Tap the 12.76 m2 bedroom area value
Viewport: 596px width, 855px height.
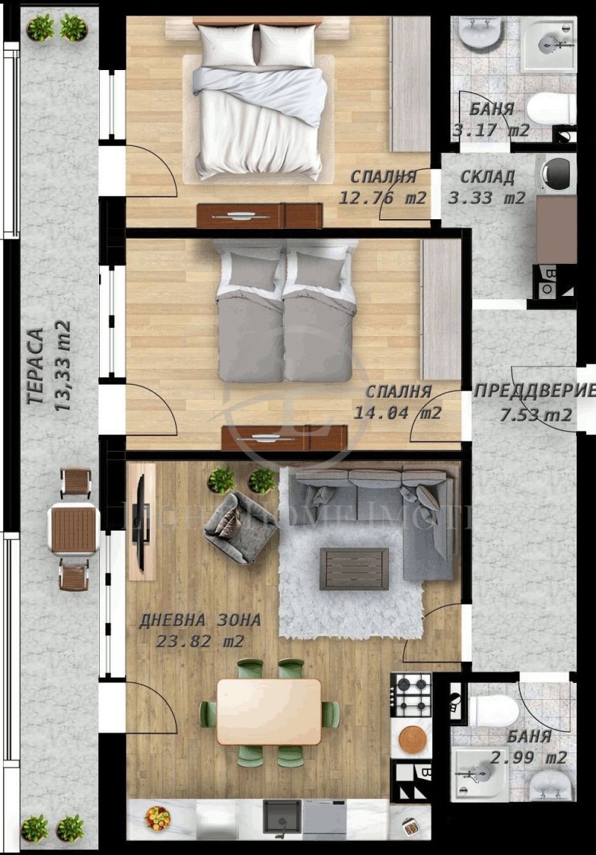coord(382,198)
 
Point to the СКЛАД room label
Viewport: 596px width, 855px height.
coord(487,177)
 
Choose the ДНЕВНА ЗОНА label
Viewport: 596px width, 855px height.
coord(200,619)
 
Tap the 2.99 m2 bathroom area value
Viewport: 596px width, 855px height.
coord(528,757)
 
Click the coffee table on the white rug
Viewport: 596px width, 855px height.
coord(354,568)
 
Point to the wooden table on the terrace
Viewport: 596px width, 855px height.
coord(73,529)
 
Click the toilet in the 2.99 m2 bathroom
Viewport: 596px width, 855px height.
coord(495,710)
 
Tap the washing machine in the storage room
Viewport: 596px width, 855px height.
coord(557,173)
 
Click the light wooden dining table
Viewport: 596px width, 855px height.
coord(268,710)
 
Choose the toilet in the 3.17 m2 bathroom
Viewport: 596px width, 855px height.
coord(551,109)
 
